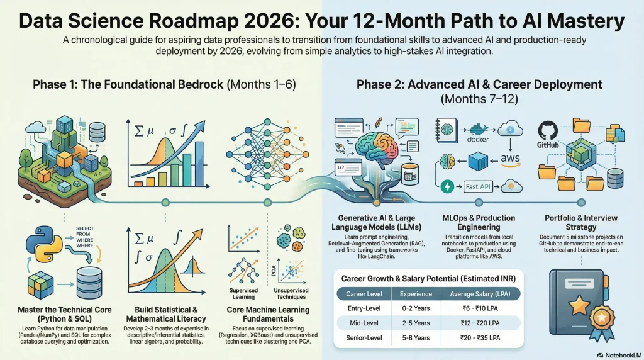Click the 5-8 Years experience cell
click(416, 338)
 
